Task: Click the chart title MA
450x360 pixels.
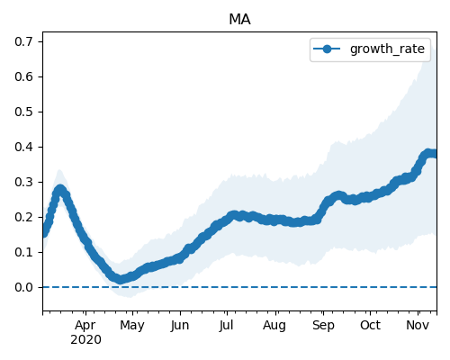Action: tap(239, 20)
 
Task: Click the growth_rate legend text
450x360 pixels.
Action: tap(387, 49)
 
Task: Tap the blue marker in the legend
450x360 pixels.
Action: tap(327, 49)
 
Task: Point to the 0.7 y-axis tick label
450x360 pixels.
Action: tap(24, 41)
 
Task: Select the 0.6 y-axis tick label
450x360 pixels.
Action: tap(24, 76)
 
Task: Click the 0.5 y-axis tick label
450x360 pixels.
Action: tap(24, 112)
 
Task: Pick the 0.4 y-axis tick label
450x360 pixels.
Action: tap(24, 147)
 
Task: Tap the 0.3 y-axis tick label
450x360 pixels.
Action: tap(24, 182)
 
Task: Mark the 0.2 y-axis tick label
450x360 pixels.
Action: tap(24, 217)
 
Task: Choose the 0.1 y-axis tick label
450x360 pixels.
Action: tap(24, 252)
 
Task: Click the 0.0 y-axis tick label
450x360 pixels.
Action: tap(24, 287)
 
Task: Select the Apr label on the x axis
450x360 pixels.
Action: tap(85, 326)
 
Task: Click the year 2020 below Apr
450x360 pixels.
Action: tap(85, 340)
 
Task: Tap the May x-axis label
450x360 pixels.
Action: tap(132, 326)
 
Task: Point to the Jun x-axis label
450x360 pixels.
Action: tap(180, 326)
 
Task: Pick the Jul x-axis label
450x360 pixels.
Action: tap(226, 326)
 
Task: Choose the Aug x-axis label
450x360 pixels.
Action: tap(274, 326)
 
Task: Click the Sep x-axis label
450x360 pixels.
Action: tap(323, 326)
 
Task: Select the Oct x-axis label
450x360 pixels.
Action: tap(370, 326)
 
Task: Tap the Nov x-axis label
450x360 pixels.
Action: tap(418, 326)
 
